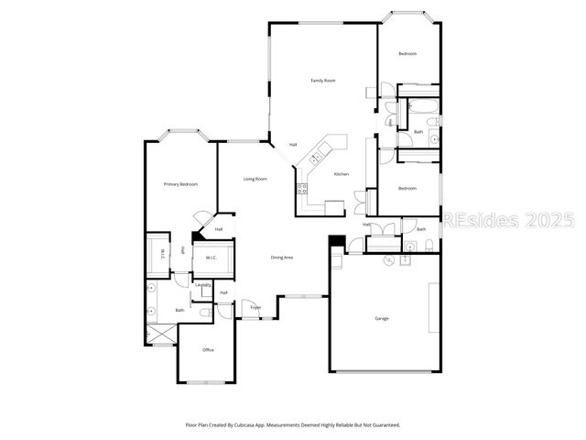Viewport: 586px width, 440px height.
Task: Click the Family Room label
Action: point(323,81)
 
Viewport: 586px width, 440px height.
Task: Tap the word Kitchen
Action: point(342,174)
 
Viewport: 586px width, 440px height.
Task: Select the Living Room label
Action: point(255,179)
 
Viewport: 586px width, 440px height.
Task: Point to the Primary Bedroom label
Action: point(181,185)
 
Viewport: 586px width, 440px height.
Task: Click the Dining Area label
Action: point(281,258)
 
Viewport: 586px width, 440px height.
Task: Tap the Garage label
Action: point(381,318)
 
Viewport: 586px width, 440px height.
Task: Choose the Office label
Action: point(208,350)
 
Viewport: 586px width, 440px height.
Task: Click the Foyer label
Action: point(255,308)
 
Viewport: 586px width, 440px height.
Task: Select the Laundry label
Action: point(203,285)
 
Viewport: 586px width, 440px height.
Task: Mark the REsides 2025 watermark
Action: point(509,221)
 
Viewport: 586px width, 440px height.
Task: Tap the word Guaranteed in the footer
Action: point(382,425)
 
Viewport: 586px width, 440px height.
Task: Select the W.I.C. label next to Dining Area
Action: point(210,258)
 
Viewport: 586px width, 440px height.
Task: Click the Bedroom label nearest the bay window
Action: point(407,54)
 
